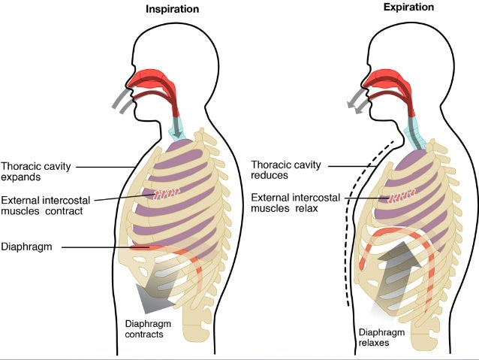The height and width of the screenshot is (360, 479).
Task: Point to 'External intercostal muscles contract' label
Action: click(x=42, y=205)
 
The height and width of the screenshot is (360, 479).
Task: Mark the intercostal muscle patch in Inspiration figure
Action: click(x=167, y=195)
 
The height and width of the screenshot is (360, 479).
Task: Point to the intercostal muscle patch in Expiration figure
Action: click(x=402, y=197)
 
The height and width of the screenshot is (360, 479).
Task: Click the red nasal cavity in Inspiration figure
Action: click(x=150, y=77)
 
